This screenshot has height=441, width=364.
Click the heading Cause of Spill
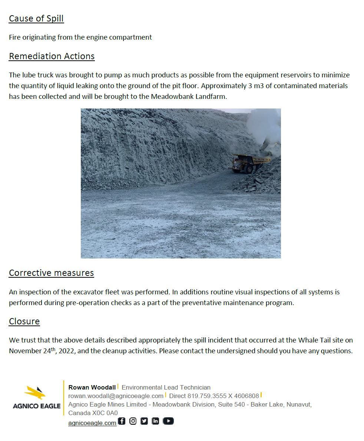tap(36, 19)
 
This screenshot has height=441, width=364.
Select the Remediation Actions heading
tap(52, 56)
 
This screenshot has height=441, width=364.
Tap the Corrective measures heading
tap(51, 273)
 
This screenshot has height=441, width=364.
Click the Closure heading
tap(24, 321)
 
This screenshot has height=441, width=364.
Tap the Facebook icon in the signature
tap(122, 421)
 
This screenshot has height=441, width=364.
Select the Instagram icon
tap(133, 421)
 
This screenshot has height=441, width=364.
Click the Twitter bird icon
tap(144, 421)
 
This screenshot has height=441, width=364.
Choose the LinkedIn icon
tap(155, 421)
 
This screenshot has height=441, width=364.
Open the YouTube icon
tap(168, 421)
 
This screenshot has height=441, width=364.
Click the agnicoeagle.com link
tap(92, 423)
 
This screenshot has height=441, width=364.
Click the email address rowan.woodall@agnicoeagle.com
tap(116, 396)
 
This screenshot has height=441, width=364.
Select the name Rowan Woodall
tap(92, 387)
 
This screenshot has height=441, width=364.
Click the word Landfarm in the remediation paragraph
tap(213, 97)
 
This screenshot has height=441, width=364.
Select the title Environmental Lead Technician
tap(166, 387)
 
